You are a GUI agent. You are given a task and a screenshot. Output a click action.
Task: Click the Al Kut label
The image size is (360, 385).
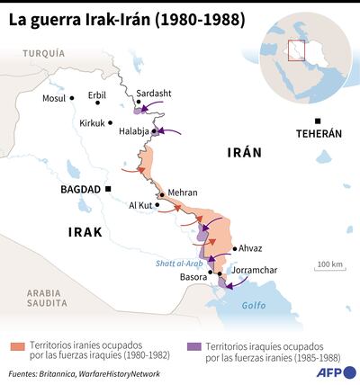point(141,205)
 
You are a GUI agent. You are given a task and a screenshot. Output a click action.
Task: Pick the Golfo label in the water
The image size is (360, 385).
point(256,306)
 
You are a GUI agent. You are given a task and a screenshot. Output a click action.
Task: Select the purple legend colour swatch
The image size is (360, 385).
point(195,346)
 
